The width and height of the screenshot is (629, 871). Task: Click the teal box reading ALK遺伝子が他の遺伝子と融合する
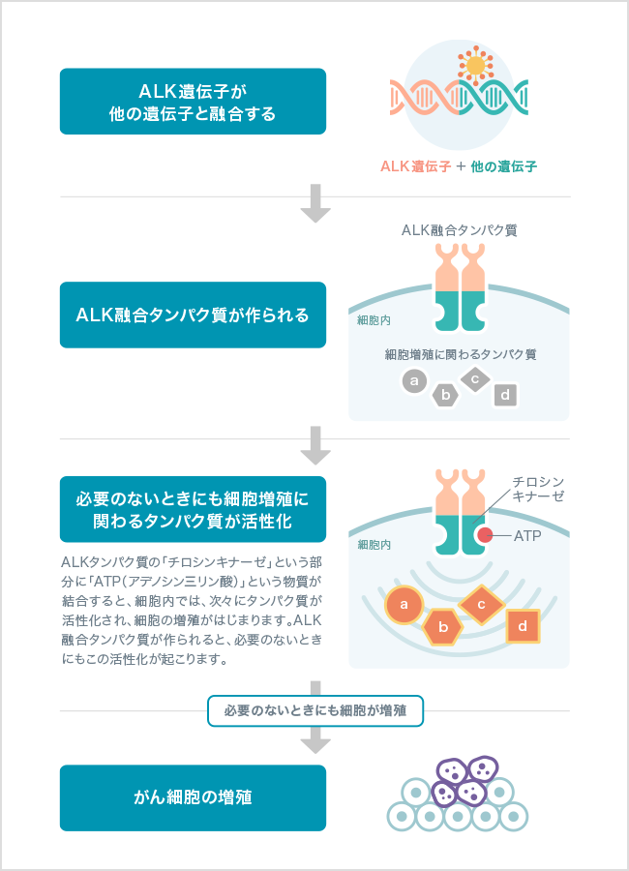(193, 101)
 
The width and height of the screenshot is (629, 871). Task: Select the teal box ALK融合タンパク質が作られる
(193, 315)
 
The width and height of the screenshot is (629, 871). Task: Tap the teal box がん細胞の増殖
(193, 798)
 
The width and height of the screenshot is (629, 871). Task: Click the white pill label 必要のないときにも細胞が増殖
(314, 710)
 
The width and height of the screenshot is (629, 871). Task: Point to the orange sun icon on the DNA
(474, 66)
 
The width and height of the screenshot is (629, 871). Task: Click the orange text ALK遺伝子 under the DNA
(416, 166)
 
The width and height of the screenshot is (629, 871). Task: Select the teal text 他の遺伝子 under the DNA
(503, 166)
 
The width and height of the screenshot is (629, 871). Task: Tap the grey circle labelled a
(414, 381)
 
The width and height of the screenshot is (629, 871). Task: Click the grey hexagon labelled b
(445, 395)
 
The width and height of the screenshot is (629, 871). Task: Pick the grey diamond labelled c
(475, 378)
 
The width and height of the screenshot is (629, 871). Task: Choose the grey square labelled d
(506, 394)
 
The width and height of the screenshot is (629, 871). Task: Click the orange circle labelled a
(403, 606)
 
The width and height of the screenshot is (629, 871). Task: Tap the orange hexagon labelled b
(443, 626)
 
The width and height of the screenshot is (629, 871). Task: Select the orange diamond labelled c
(480, 605)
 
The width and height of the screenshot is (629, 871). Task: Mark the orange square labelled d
(523, 626)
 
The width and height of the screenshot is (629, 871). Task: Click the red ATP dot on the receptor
(484, 535)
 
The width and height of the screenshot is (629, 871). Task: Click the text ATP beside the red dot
(527, 535)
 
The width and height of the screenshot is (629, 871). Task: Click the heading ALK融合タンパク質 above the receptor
(459, 230)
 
